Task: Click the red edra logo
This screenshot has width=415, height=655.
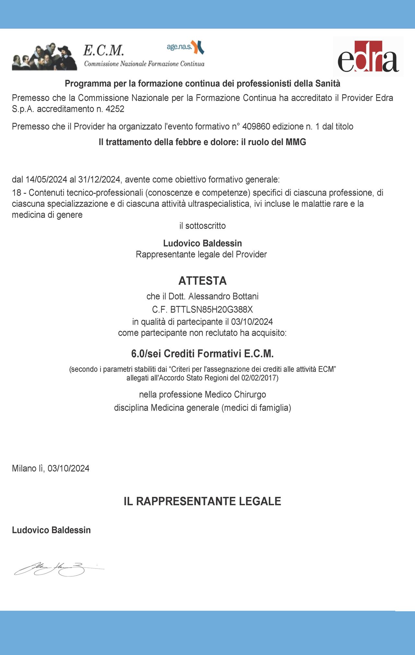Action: point(368,57)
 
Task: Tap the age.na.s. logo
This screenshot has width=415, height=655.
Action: point(185,47)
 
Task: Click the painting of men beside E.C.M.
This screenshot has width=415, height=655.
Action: point(44,57)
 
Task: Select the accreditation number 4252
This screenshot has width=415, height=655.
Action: point(115,109)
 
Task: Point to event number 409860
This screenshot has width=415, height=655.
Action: point(256,126)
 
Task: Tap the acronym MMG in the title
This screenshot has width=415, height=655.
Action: point(296,142)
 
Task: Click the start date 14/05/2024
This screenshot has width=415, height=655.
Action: point(46,179)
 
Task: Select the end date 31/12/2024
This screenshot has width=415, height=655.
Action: point(99,179)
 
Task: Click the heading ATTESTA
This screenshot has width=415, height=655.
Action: point(202,281)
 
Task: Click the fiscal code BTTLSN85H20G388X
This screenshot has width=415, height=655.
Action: point(211,310)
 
